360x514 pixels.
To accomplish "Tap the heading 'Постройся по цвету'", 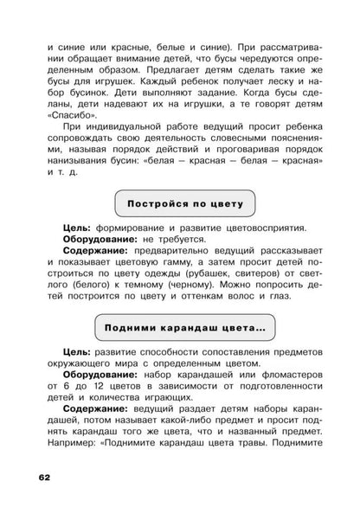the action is [x=179, y=205].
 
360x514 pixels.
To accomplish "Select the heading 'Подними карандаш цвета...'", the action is [x=179, y=328].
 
